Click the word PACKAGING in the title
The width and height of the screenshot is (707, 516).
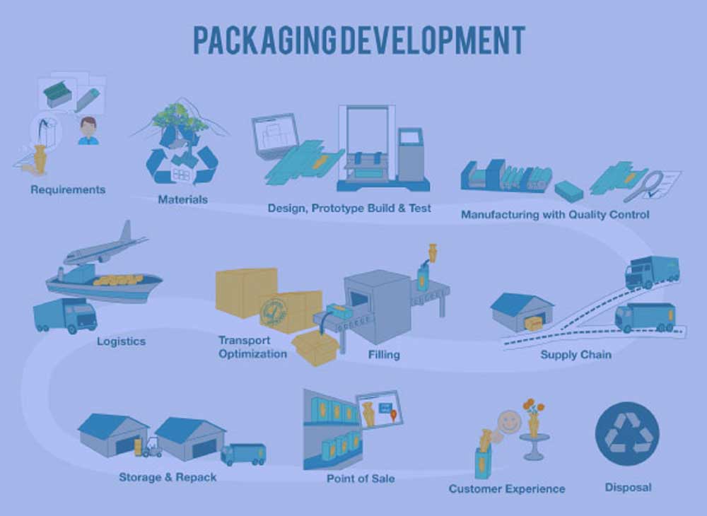(264, 40)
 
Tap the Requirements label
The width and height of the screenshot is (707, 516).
(68, 189)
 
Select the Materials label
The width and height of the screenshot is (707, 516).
(182, 199)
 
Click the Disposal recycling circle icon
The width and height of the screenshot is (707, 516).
(626, 434)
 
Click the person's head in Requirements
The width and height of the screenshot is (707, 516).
(88, 127)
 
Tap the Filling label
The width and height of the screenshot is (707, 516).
(384, 355)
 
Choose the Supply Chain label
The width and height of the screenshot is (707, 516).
(575, 355)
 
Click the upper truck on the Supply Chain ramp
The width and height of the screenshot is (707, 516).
(652, 271)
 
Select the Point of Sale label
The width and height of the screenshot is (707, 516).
(361, 479)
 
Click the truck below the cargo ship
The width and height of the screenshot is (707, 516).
(65, 316)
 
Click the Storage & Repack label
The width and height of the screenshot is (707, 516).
(168, 477)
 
